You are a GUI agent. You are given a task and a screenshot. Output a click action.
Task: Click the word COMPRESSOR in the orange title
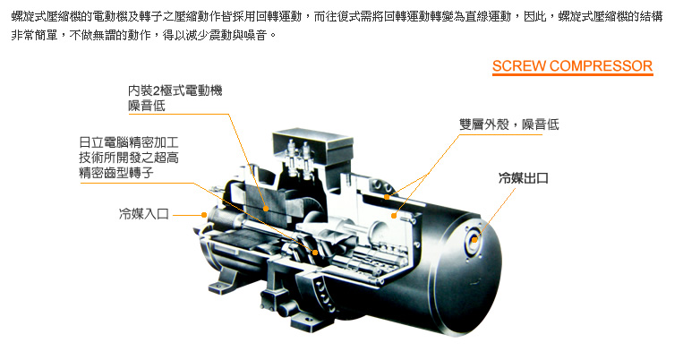[x=602, y=65]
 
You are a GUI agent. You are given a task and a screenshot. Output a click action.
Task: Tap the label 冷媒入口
[x=144, y=214]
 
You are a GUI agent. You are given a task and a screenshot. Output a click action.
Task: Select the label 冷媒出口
[x=523, y=178]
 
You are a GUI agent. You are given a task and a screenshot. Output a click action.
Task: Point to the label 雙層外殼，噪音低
[x=508, y=124]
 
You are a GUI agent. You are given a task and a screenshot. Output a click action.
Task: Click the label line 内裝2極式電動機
[x=175, y=90]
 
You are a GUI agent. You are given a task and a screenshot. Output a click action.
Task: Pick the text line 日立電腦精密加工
[x=129, y=142]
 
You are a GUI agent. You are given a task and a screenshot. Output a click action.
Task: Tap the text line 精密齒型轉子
[x=116, y=173]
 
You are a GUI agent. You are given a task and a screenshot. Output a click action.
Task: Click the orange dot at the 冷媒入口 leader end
[x=203, y=214]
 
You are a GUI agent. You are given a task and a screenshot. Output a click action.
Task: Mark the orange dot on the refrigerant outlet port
[x=474, y=239]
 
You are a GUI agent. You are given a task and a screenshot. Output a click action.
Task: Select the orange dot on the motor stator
[x=266, y=209]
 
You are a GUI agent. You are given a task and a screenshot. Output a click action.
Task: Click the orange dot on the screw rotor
[x=315, y=252]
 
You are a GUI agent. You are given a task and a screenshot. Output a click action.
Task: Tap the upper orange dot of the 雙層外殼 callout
[x=387, y=197]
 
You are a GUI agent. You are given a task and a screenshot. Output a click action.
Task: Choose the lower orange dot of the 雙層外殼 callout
[x=394, y=215]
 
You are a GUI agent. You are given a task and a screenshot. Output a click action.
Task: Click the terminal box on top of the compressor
[x=312, y=150]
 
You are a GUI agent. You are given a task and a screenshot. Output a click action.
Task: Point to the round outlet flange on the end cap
[x=474, y=239]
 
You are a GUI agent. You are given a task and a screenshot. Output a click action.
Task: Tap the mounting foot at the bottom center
[x=309, y=321]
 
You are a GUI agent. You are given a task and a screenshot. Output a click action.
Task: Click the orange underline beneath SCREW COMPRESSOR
[x=573, y=74]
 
